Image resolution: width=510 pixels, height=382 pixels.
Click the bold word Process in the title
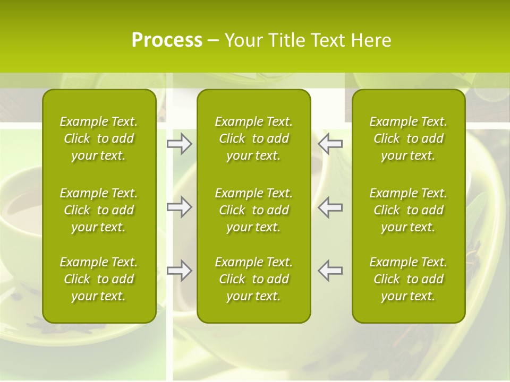(x=167, y=40)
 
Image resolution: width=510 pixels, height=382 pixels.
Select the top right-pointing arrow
(x=180, y=144)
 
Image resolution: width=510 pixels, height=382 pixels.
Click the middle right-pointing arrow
(x=180, y=207)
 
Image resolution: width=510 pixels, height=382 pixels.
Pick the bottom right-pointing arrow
(x=180, y=271)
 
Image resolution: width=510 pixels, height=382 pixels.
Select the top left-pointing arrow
(x=330, y=144)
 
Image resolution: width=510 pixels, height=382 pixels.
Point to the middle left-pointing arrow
(x=330, y=207)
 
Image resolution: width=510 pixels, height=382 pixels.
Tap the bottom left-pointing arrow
(x=330, y=271)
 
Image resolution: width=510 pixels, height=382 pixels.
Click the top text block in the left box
(x=99, y=138)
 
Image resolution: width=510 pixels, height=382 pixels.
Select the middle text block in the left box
(x=99, y=210)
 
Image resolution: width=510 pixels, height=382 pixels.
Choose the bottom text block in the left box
(x=99, y=279)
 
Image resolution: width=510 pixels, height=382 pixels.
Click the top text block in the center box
(x=253, y=138)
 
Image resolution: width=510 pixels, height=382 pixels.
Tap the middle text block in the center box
(x=253, y=210)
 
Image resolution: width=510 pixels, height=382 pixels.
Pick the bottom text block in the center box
(x=253, y=279)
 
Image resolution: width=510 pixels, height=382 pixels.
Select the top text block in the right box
(x=408, y=138)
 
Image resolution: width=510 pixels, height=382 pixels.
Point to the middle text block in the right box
(x=408, y=210)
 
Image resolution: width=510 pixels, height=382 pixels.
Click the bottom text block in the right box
(x=408, y=279)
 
